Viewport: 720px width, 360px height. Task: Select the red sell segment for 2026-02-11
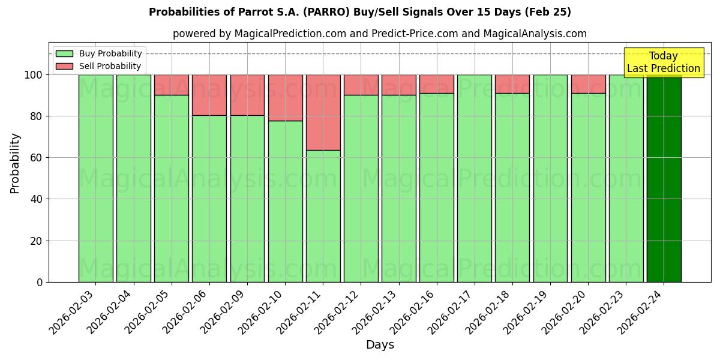click(323, 112)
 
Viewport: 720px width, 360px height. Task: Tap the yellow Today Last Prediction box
click(663, 62)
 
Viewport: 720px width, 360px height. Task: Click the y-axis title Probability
click(15, 163)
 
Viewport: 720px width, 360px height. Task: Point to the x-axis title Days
click(380, 345)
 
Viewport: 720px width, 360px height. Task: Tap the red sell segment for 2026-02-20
click(588, 84)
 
